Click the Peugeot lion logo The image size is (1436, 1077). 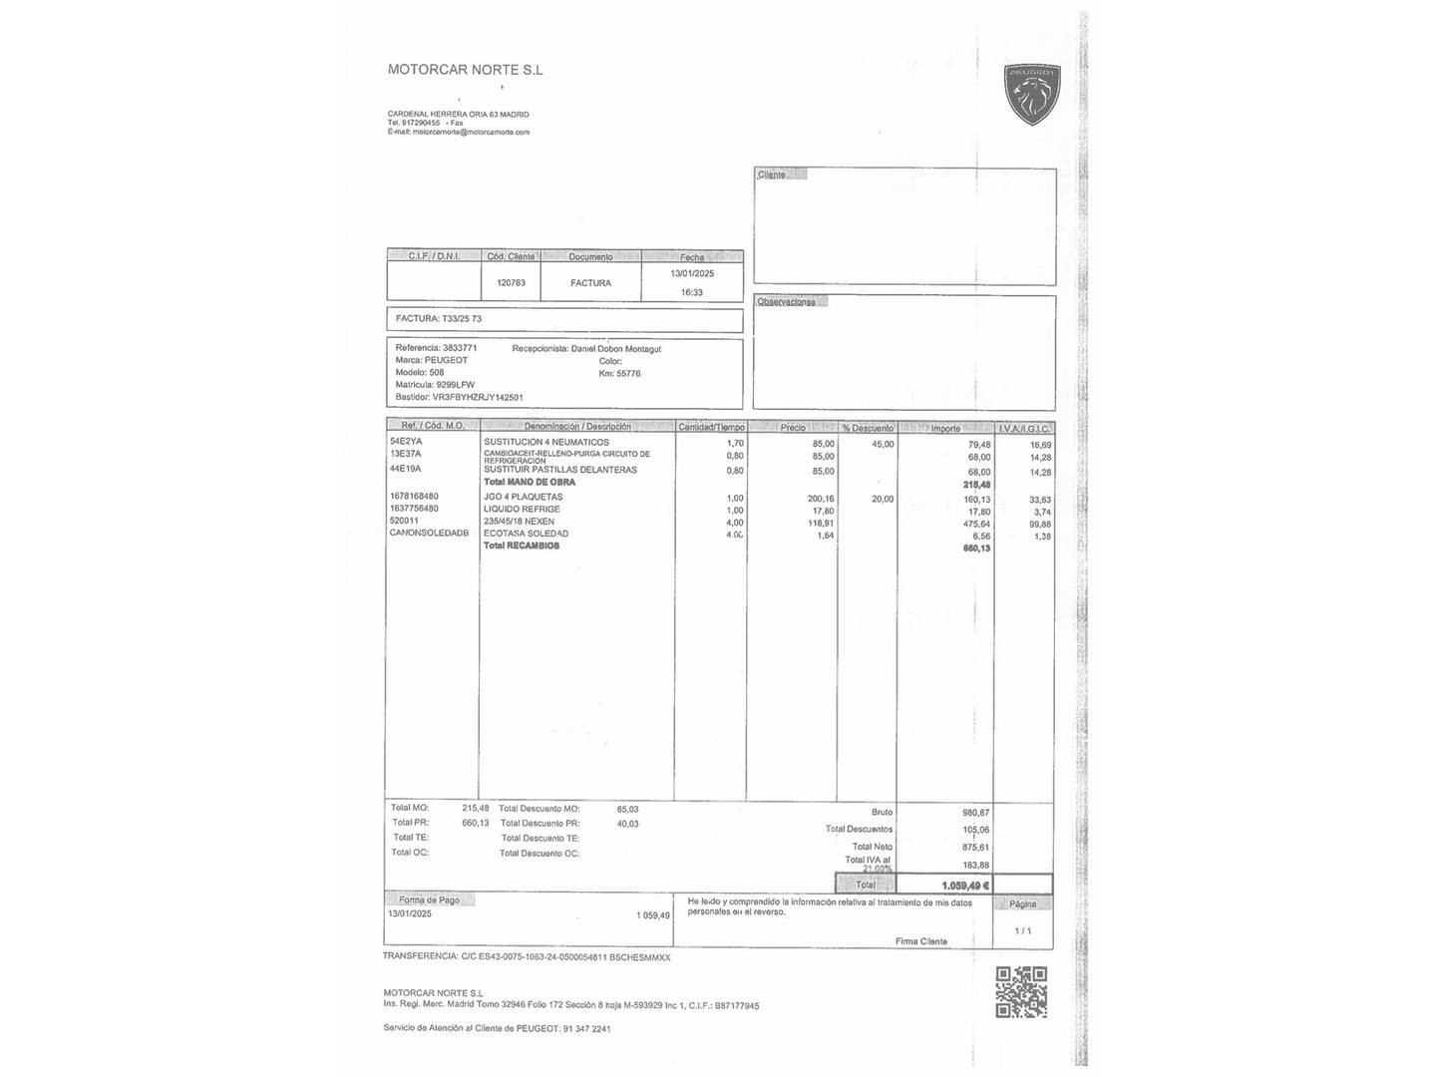(1031, 95)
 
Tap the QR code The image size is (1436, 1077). (1021, 991)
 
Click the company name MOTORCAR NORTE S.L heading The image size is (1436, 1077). (465, 70)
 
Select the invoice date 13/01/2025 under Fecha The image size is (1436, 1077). (692, 273)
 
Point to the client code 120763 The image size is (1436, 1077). (511, 283)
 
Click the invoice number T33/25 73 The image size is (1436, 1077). (462, 319)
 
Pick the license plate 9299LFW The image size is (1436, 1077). (456, 385)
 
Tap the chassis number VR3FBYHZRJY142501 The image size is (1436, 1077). (478, 397)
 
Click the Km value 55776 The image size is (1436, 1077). (628, 374)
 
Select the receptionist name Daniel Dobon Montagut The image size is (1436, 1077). (616, 349)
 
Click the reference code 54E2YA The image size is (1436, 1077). (406, 441)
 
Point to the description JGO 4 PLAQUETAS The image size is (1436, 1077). (524, 497)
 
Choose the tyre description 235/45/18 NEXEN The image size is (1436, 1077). (519, 522)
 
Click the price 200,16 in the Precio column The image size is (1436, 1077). (821, 499)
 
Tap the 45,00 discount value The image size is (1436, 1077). (883, 445)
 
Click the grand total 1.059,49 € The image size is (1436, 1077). (965, 886)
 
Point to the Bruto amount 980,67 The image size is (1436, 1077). (976, 813)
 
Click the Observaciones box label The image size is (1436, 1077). (786, 302)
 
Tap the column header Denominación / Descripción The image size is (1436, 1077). (577, 427)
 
